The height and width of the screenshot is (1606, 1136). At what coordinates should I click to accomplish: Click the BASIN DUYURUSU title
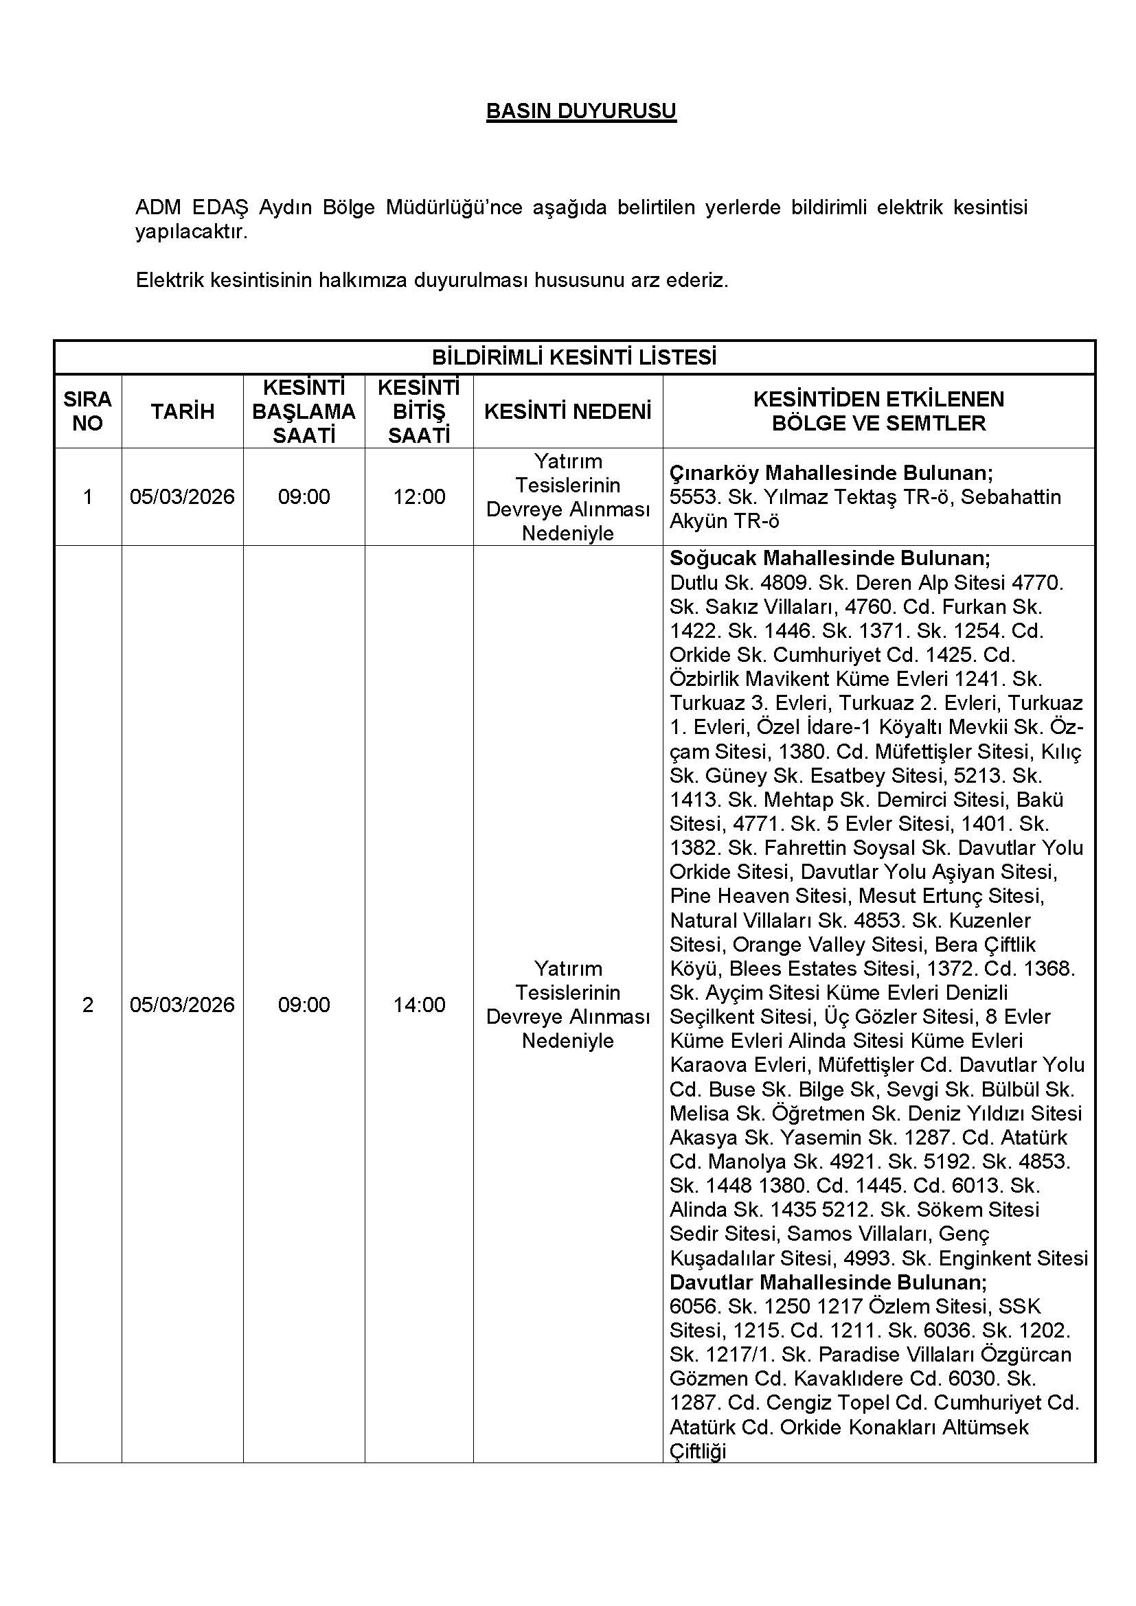(580, 111)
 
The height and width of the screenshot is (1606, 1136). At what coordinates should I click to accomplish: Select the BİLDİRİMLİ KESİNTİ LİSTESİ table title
(573, 358)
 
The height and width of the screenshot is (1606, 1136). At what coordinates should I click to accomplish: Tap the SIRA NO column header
(87, 411)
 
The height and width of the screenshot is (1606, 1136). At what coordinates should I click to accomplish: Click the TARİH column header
(183, 411)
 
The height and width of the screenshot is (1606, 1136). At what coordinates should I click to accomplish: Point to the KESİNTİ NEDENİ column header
(567, 411)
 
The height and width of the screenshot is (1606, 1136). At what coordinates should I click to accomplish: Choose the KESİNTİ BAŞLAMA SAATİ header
(304, 411)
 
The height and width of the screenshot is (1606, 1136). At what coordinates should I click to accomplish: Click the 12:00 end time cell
(419, 496)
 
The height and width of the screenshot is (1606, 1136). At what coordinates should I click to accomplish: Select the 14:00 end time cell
(419, 1005)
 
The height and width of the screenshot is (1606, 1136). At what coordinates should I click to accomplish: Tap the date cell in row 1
(183, 496)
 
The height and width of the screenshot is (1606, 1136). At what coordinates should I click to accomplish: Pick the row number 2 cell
(87, 1005)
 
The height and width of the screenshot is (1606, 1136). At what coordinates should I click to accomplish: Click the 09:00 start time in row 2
(304, 1005)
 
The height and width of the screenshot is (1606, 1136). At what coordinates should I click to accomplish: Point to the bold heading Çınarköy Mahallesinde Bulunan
(831, 473)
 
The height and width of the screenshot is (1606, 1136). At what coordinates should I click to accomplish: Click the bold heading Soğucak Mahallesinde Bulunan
(830, 558)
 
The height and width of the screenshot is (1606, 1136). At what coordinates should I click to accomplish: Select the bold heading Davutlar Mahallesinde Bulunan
(828, 1283)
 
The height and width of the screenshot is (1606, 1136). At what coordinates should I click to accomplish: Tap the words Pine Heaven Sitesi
(760, 896)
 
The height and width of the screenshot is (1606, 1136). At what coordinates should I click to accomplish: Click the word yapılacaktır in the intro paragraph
(191, 232)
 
